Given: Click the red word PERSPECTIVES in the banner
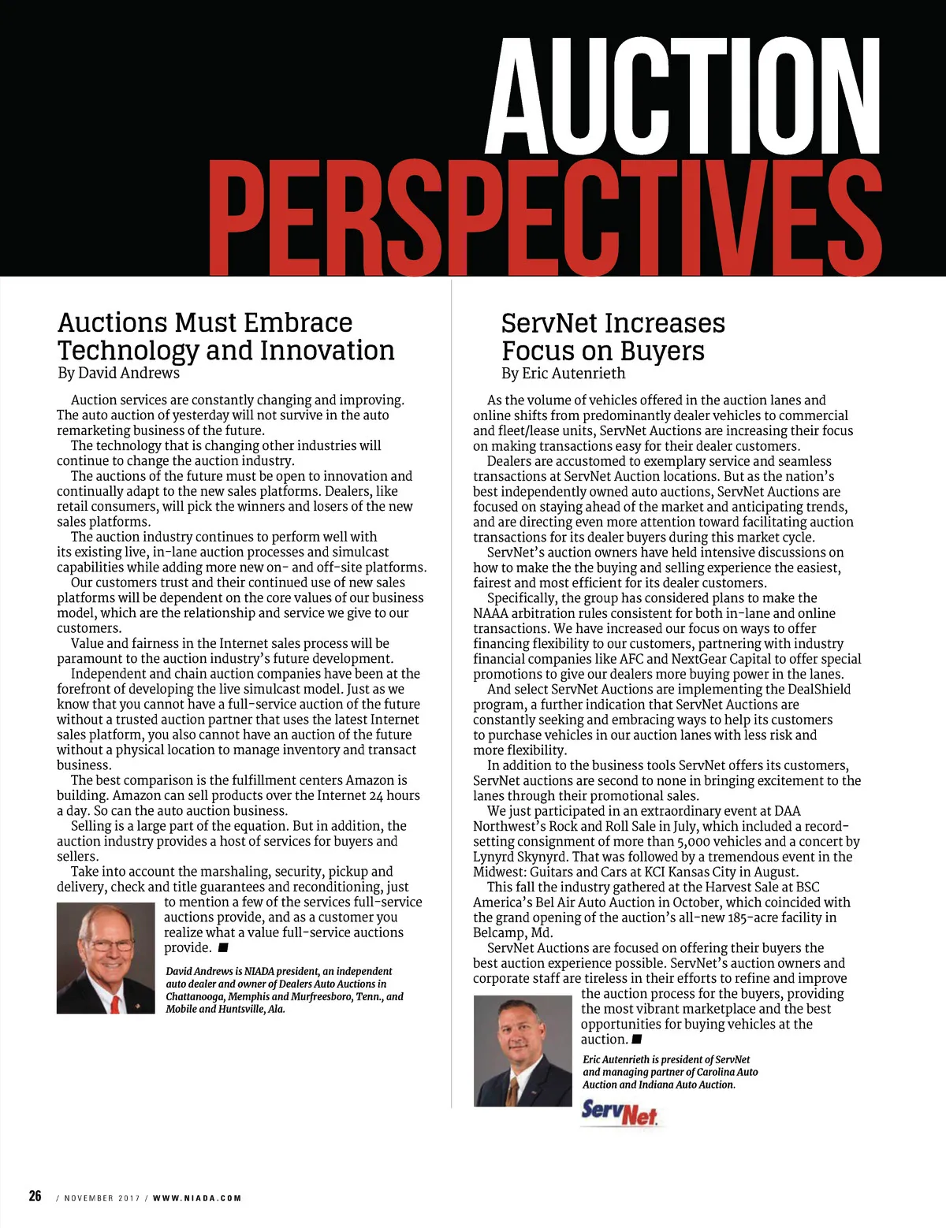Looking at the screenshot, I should (x=544, y=214).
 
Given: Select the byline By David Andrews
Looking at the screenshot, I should (x=118, y=373).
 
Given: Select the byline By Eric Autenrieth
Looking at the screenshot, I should (x=563, y=374).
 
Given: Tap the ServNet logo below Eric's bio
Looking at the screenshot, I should (x=619, y=1112).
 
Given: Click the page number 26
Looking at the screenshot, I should (x=35, y=1196).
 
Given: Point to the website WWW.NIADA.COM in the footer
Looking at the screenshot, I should (x=197, y=1198).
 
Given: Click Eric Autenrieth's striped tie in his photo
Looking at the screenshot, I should (x=514, y=1090).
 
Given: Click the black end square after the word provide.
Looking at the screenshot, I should (x=224, y=947).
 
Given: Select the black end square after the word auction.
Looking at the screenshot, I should (x=637, y=1040).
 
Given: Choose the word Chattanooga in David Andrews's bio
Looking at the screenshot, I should (x=195, y=996).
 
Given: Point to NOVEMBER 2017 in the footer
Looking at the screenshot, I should (x=102, y=1198).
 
